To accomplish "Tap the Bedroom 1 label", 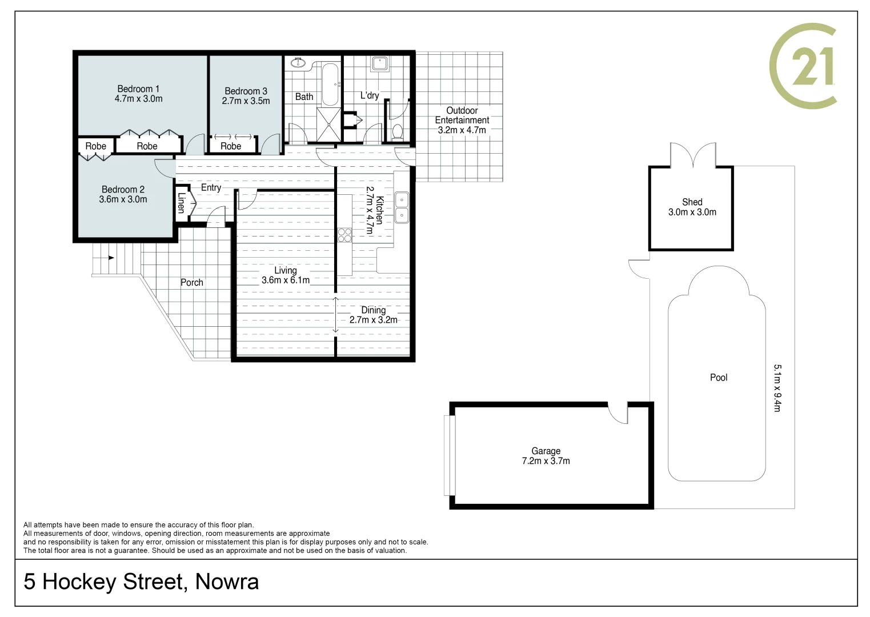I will [x=138, y=89].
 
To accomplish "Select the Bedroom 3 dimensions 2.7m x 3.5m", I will [x=246, y=101].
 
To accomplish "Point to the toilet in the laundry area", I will [x=398, y=132].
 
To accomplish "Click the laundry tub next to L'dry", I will [x=380, y=63].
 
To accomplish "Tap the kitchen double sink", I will [x=402, y=207].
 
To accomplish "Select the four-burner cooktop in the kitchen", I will [x=344, y=235].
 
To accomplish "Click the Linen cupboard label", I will [x=181, y=203].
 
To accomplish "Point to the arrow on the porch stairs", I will [x=111, y=258].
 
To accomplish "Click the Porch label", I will [x=192, y=282].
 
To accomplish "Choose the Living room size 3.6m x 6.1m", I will [x=286, y=280].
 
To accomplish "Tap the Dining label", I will [x=373, y=310].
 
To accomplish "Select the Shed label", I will [x=692, y=202].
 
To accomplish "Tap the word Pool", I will [x=719, y=378].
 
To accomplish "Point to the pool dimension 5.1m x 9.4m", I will [x=777, y=388].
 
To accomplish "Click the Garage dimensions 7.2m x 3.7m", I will [x=546, y=461].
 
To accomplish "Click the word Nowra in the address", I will [x=227, y=582].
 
